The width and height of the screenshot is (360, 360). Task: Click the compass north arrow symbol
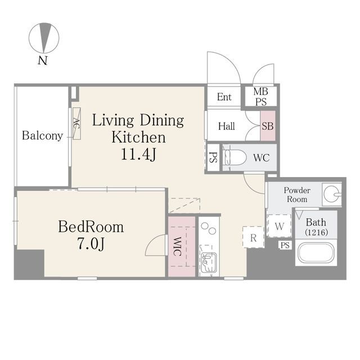coord(44,38)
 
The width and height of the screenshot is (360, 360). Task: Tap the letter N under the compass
coord(43,60)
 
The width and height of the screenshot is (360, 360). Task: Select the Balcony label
coord(43,136)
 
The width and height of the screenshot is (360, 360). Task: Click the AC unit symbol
coord(76,123)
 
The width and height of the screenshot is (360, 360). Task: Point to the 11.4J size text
coord(138,154)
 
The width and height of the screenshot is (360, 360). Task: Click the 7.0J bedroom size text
coord(91,244)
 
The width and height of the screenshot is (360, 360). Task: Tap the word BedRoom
coord(91,227)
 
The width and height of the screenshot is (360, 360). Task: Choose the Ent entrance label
coord(224,97)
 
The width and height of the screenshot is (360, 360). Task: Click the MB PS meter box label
coord(261,96)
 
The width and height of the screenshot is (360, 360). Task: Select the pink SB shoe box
coord(268,126)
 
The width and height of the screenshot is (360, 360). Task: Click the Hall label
coord(226,126)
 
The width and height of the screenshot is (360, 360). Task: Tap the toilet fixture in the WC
coord(234,157)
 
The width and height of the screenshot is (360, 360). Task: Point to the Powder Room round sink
coord(331,194)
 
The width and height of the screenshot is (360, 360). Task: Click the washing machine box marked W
coord(280,226)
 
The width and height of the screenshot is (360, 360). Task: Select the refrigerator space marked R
coord(254,237)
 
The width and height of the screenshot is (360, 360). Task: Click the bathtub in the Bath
coord(316,253)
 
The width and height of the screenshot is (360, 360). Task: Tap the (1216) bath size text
coord(316,232)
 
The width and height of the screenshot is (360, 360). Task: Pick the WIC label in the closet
coord(177,246)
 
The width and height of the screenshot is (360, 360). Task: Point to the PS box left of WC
coord(213,157)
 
